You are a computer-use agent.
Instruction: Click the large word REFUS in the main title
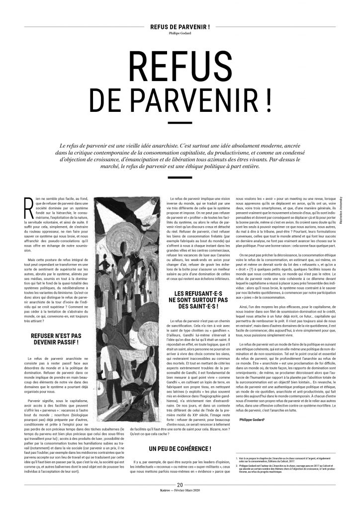(x=180, y=66)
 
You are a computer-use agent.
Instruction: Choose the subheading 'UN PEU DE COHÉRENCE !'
(x=180, y=436)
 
